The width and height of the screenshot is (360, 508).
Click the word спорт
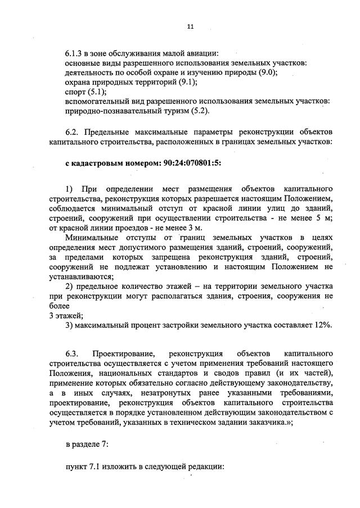coord(75,92)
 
